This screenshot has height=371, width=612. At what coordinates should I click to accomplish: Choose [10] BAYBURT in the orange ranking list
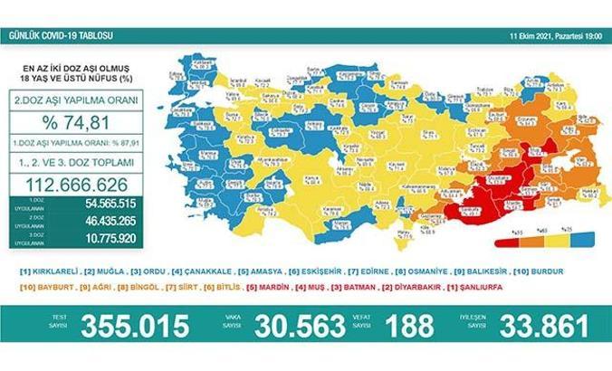[52, 287]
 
